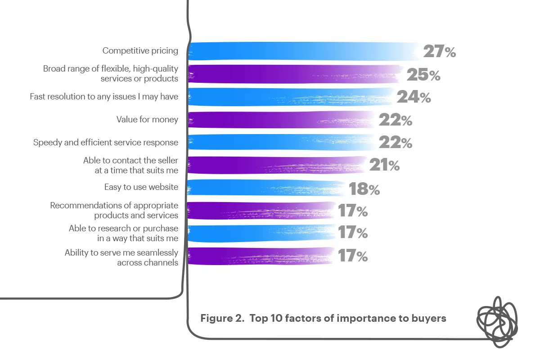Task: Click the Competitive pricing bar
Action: pyautogui.click(x=301, y=51)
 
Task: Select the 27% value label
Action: pyautogui.click(x=439, y=52)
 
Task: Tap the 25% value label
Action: pyautogui.click(x=423, y=75)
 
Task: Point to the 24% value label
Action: pyautogui.click(x=414, y=97)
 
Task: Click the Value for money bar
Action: pyautogui.click(x=281, y=120)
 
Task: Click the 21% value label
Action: pyautogui.click(x=384, y=166)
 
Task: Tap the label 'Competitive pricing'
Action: pyautogui.click(x=140, y=51)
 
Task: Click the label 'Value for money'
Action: pyautogui.click(x=147, y=120)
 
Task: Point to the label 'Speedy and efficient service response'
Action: pyautogui.click(x=106, y=143)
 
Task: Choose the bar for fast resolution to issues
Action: pyautogui.click(x=290, y=97)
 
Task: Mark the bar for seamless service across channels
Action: pyautogui.click(x=261, y=256)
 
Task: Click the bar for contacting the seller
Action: pyautogui.click(x=277, y=165)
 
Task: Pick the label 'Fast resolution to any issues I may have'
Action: pyautogui.click(x=104, y=97)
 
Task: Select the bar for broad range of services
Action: pyautogui.click(x=295, y=74)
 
